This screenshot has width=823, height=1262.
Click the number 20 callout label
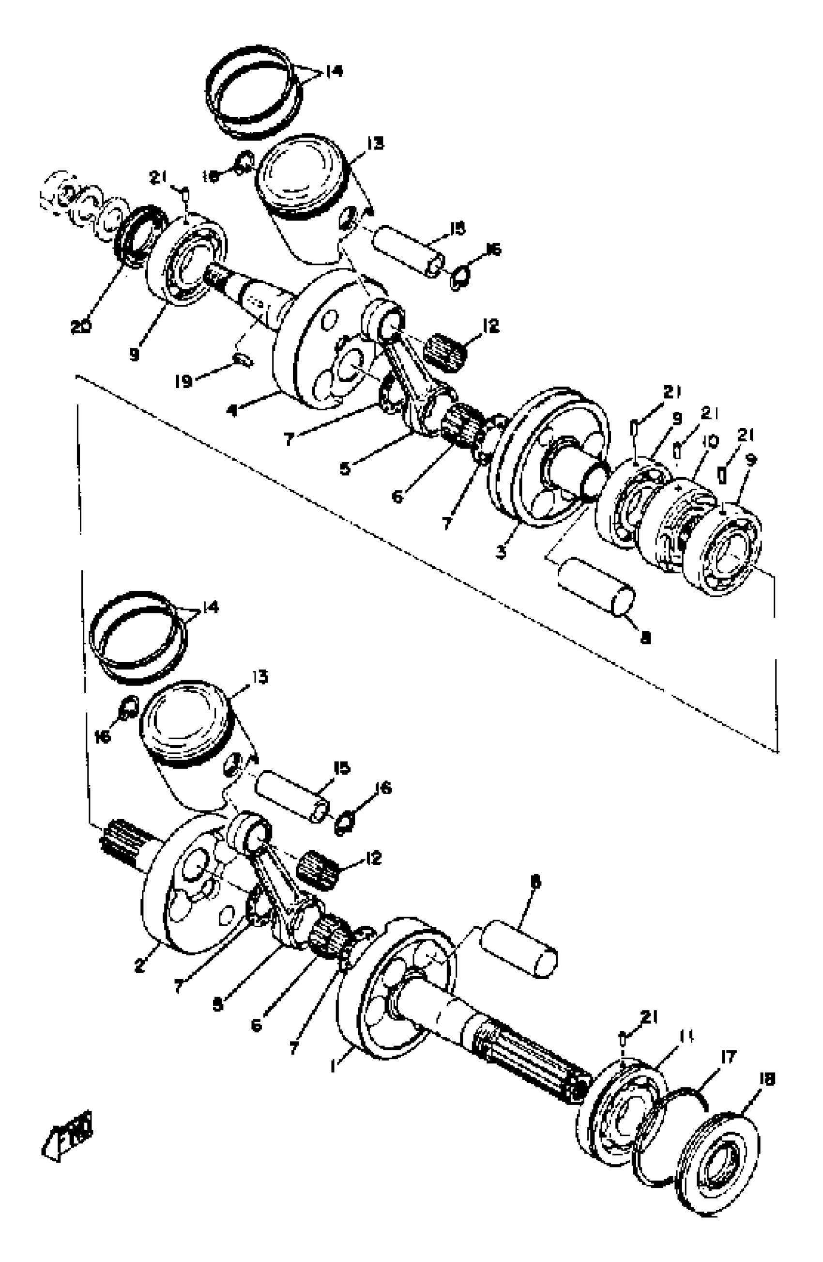click(x=80, y=327)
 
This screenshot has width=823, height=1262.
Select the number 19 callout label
click(x=183, y=381)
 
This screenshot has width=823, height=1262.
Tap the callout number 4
click(x=230, y=410)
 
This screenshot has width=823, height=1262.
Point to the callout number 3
click(x=501, y=552)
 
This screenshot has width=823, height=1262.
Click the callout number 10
click(x=711, y=441)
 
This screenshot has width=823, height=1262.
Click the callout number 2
click(x=139, y=965)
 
